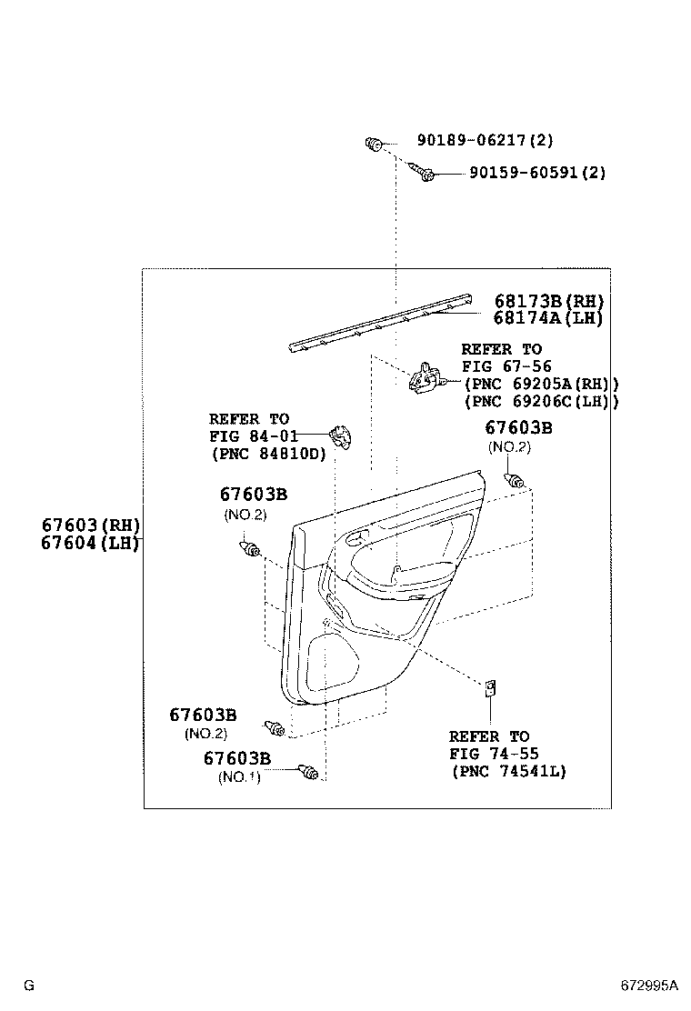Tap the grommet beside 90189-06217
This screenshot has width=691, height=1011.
tap(373, 143)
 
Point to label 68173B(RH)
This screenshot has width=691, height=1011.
tap(549, 301)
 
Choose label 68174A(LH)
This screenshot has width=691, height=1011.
tap(549, 318)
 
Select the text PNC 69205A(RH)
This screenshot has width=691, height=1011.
tap(541, 384)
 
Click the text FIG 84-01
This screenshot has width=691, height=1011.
tap(254, 435)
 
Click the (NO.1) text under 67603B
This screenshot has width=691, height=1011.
tap(239, 777)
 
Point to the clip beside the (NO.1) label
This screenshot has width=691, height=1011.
tap(309, 773)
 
